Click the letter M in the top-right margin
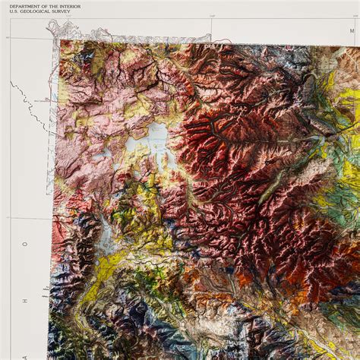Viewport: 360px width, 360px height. point(352,30)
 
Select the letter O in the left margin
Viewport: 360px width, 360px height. point(25,245)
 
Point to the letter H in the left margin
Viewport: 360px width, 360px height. point(25,301)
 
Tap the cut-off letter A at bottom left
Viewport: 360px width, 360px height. point(25,354)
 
